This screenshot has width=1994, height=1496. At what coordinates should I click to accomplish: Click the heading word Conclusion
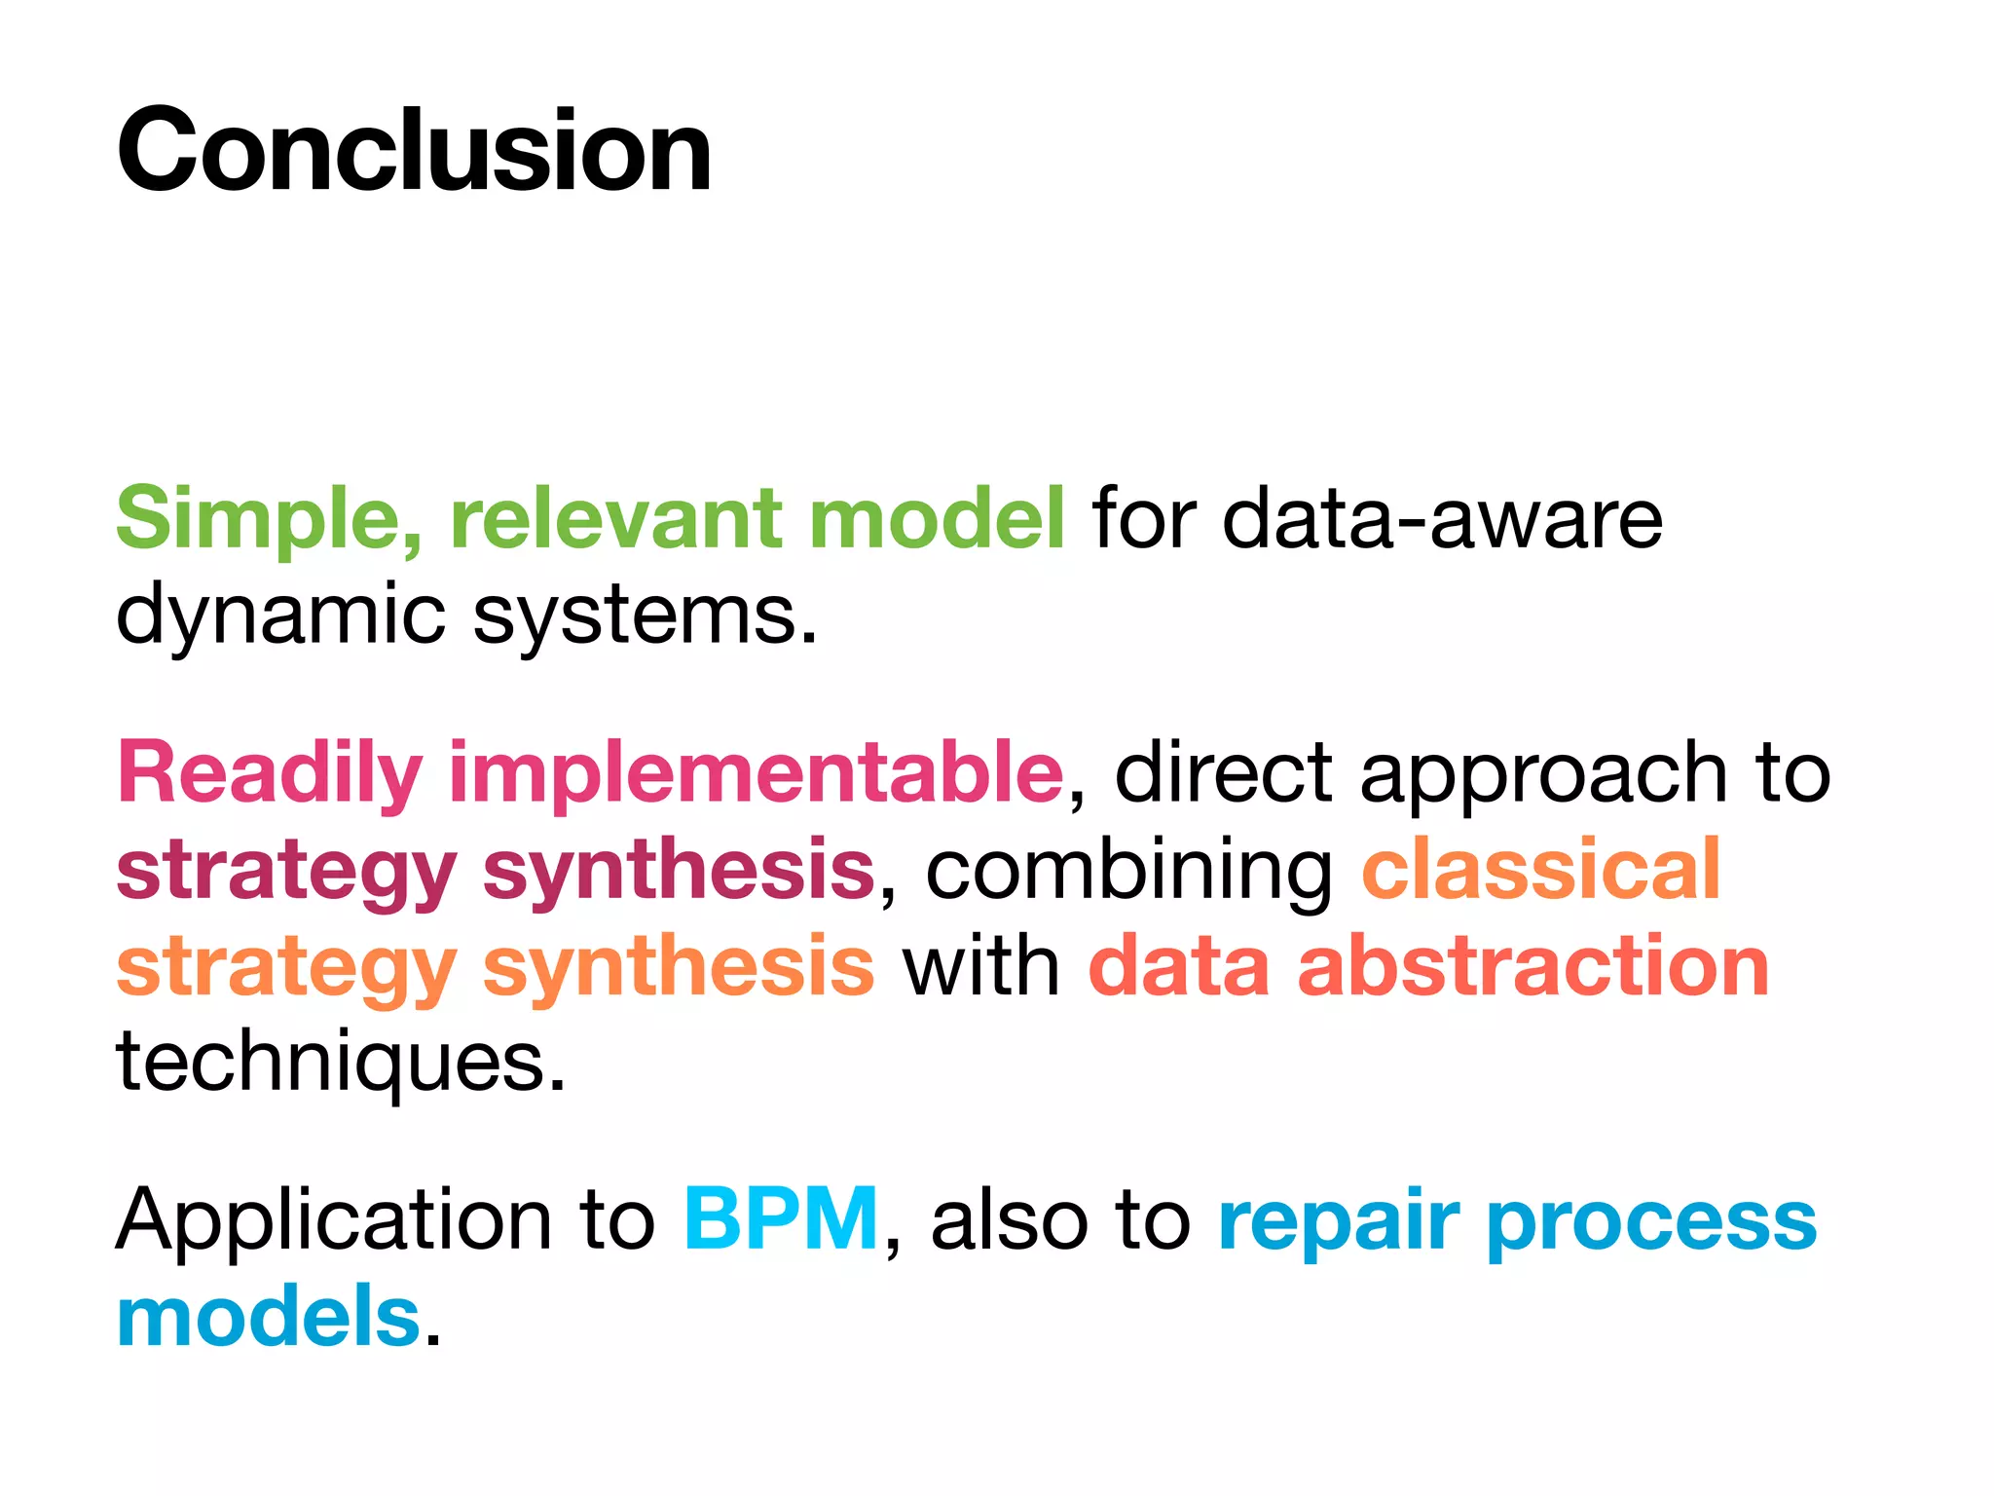click(x=414, y=151)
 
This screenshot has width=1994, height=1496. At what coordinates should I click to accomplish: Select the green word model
click(x=937, y=519)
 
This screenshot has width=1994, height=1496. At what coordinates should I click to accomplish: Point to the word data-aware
click(x=1442, y=519)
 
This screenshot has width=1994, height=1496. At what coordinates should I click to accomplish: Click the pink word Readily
click(x=270, y=772)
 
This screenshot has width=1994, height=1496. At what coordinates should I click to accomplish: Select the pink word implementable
click(x=756, y=772)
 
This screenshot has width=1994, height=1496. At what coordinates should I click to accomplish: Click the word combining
click(x=1128, y=870)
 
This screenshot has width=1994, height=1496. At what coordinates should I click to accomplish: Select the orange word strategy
click(x=286, y=967)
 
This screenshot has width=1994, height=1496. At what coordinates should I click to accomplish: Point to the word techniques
click(x=341, y=1063)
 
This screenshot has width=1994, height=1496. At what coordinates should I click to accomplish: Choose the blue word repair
click(x=1338, y=1220)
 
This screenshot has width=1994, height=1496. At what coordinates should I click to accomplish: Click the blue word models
click(x=268, y=1316)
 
